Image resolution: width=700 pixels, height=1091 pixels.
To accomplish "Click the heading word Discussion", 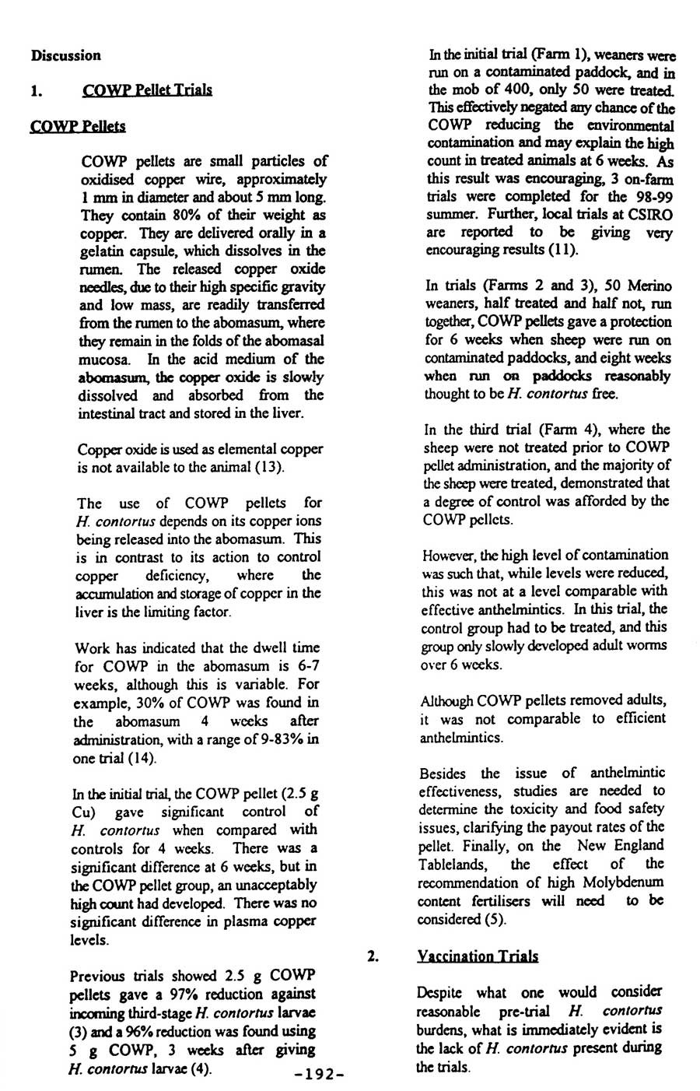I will click(x=66, y=55).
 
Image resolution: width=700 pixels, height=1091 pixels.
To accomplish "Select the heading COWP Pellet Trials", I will click(x=147, y=89).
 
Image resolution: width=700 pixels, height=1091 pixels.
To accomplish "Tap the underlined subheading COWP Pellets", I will click(x=77, y=125).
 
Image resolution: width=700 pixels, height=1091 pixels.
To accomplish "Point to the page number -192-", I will click(x=314, y=1074).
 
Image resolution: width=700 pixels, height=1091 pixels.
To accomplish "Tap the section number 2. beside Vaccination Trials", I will click(x=373, y=956).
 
